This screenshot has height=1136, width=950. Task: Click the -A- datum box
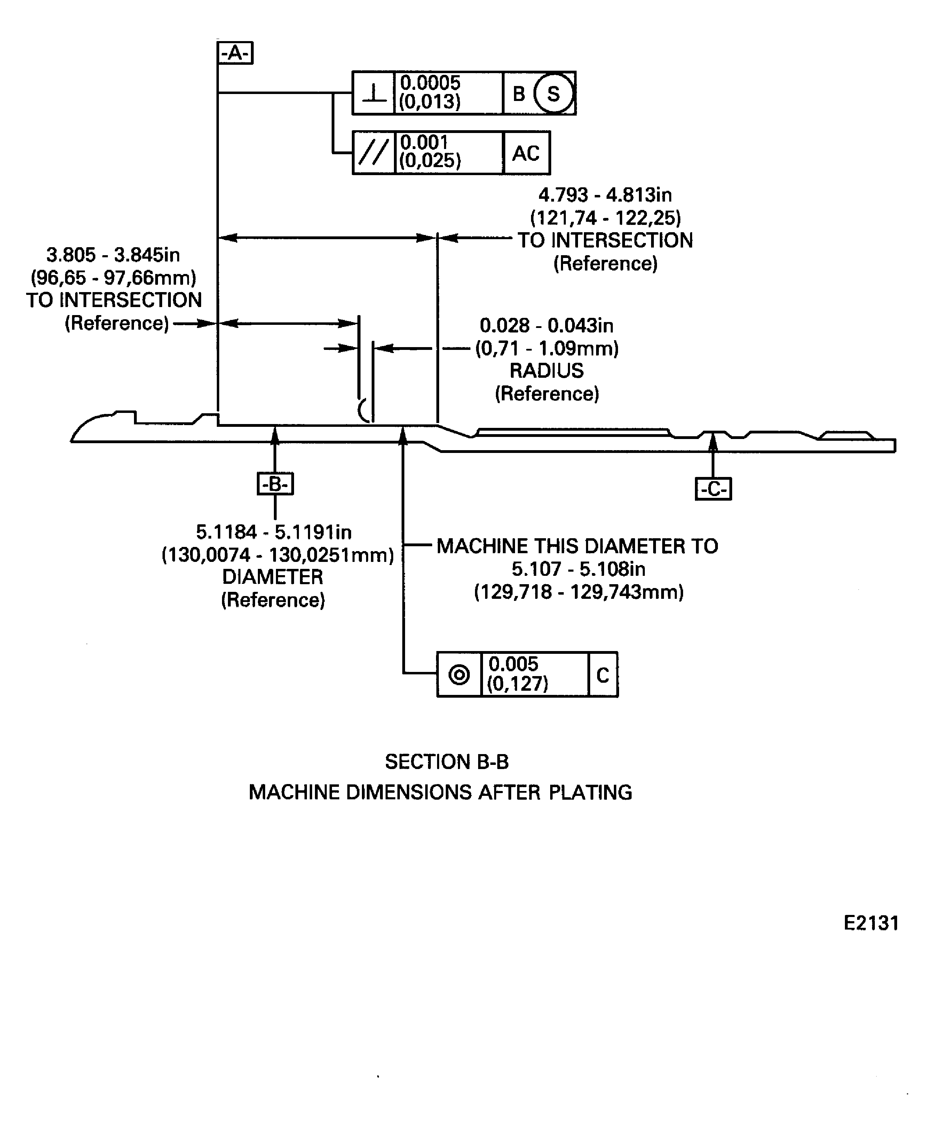(235, 53)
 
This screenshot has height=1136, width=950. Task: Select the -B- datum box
(275, 484)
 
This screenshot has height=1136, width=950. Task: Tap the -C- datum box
(713, 489)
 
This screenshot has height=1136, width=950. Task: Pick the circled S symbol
(553, 94)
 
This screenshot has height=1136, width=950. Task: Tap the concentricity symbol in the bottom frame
(459, 675)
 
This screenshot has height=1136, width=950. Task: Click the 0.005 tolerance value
(513, 664)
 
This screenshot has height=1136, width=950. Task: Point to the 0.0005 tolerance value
(430, 83)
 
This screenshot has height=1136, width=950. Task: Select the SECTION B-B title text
(446, 762)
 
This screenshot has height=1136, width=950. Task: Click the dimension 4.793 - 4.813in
(605, 195)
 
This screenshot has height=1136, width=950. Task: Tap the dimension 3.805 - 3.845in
(113, 255)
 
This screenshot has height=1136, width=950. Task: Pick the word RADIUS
(547, 370)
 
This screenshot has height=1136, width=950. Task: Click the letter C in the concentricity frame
(602, 675)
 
